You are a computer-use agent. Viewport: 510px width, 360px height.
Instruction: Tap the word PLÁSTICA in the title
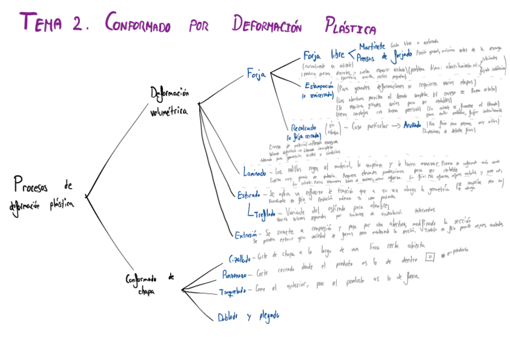[349, 26]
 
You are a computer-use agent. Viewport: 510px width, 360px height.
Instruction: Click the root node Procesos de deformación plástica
[41, 193]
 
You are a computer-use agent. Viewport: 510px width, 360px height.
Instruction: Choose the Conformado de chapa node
[150, 284]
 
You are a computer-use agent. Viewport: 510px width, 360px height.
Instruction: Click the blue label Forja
[256, 74]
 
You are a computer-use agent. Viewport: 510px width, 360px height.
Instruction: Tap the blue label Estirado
[248, 195]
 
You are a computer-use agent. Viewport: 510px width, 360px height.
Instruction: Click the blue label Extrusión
[247, 235]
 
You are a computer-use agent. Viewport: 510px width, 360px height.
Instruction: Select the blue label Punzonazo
[235, 276]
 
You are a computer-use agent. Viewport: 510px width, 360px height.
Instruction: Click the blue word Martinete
[372, 46]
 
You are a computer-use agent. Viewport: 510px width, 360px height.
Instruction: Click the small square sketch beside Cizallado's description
[429, 257]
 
